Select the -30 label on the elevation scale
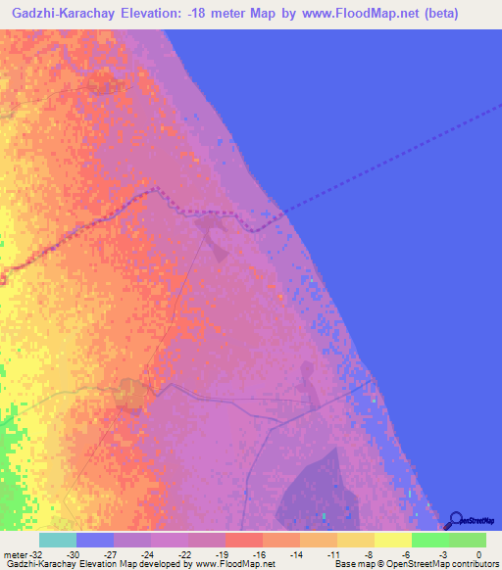[59, 553]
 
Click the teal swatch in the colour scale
[58, 540]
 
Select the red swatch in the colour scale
[243, 540]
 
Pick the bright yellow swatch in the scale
[392, 540]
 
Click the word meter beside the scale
[16, 553]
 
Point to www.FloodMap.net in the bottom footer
[215, 565]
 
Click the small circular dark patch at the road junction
[130, 394]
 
